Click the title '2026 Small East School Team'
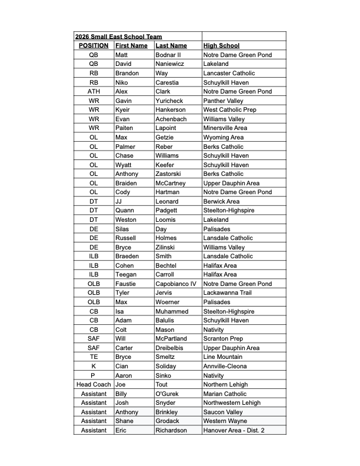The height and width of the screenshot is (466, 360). [x=118, y=36]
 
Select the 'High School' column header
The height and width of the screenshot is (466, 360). [x=221, y=45]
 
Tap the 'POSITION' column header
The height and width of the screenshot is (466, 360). [x=94, y=45]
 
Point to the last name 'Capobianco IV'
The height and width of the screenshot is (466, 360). [x=176, y=284]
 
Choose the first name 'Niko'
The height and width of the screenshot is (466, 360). [x=122, y=82]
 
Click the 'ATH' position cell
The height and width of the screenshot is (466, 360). [x=94, y=91]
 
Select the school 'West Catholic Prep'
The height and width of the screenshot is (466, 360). [x=229, y=109]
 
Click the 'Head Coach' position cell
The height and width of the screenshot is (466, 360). [x=94, y=384]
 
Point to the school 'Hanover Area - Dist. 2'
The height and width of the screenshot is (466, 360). [x=234, y=430]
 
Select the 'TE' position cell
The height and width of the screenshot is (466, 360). [x=94, y=357]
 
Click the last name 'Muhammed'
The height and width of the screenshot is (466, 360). [x=172, y=311]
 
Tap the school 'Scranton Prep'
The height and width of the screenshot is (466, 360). [x=223, y=338]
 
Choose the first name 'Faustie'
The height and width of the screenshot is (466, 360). [x=125, y=284]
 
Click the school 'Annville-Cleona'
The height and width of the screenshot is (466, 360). [x=225, y=366]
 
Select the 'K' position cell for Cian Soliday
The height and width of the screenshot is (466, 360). [x=94, y=366]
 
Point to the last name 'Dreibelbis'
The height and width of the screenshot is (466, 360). [x=171, y=348]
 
